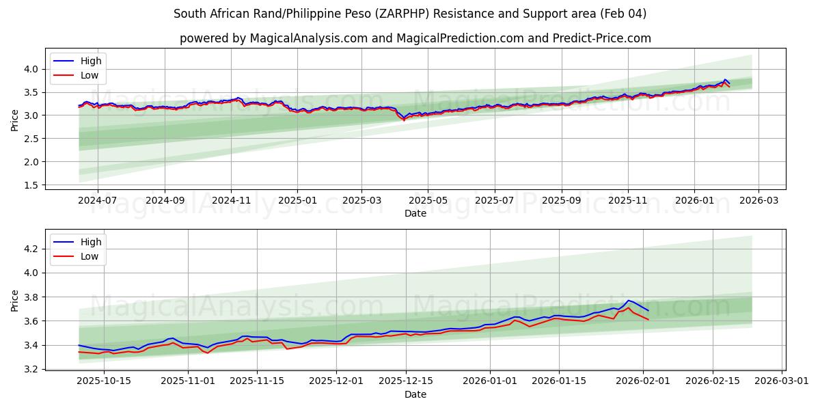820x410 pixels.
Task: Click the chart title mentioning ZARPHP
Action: coord(410,14)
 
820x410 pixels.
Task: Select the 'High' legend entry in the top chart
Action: coord(91,61)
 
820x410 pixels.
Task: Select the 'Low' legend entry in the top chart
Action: coord(90,76)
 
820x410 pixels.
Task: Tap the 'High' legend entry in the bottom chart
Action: coord(91,242)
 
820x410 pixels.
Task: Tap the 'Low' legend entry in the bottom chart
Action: coord(90,257)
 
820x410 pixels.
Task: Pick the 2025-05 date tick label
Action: coord(428,200)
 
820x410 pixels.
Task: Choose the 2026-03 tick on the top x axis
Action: coord(759,200)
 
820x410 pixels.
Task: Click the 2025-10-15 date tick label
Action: coord(104,381)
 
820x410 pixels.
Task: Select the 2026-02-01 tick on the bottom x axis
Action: coord(643,381)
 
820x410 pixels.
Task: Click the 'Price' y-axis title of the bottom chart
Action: coord(15,300)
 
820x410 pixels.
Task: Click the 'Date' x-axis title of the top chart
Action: coord(415,213)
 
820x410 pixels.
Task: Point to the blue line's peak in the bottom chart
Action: coord(628,301)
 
